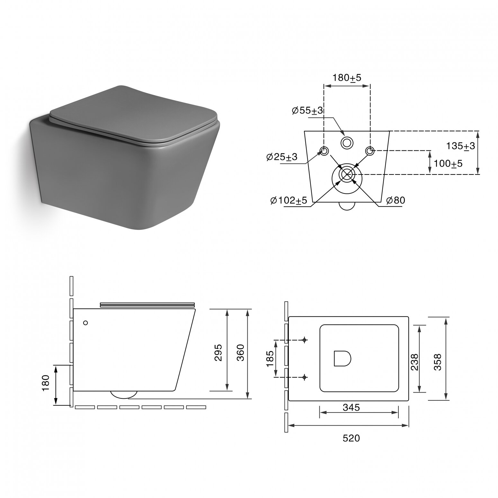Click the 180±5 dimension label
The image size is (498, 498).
347,78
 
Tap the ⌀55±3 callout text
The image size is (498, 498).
307,111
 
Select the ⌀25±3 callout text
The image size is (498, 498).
282,157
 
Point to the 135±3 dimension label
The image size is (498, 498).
460,146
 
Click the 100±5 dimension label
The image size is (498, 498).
448,164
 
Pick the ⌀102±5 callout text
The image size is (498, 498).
289,200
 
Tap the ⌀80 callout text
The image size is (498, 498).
396,200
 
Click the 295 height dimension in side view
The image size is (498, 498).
218,352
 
